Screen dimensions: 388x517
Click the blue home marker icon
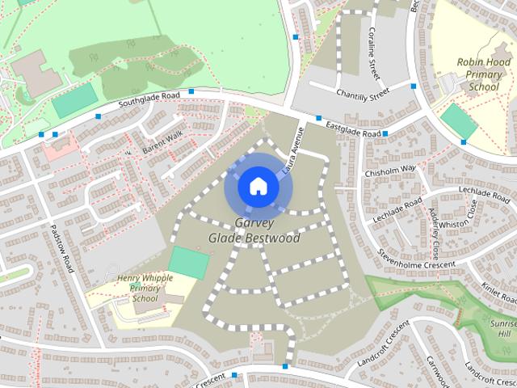258,186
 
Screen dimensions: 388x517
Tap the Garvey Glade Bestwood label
254,231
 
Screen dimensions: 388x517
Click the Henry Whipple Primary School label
145,289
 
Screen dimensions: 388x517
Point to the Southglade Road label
149,100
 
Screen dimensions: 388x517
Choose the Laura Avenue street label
293,146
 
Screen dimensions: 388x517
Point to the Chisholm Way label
389,170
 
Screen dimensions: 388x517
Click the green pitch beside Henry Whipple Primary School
188,264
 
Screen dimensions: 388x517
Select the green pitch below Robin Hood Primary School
458,121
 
